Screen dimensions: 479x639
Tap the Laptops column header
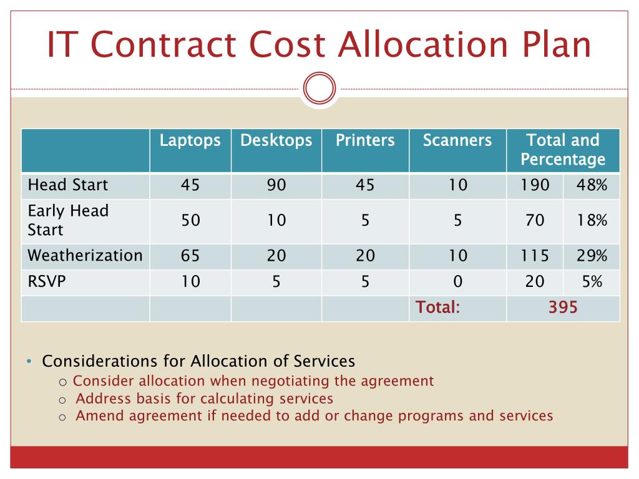click(190, 140)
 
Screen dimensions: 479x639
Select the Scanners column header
click(457, 140)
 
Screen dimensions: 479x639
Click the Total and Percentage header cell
click(563, 150)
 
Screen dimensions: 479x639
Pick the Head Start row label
click(68, 185)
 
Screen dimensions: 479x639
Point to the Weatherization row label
click(85, 255)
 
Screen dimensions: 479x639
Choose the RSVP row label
click(47, 282)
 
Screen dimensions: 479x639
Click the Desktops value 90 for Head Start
click(276, 185)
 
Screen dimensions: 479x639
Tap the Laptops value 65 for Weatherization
click(190, 256)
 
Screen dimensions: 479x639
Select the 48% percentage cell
click(592, 185)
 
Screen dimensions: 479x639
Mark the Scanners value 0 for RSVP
click(457, 282)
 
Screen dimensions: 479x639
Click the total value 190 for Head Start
click(535, 185)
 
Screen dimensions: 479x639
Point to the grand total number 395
click(563, 307)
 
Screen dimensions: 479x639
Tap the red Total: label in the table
click(438, 307)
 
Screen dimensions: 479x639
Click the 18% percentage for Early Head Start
click(592, 220)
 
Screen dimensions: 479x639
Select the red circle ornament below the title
click(319, 89)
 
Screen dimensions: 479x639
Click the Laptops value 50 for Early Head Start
click(190, 220)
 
